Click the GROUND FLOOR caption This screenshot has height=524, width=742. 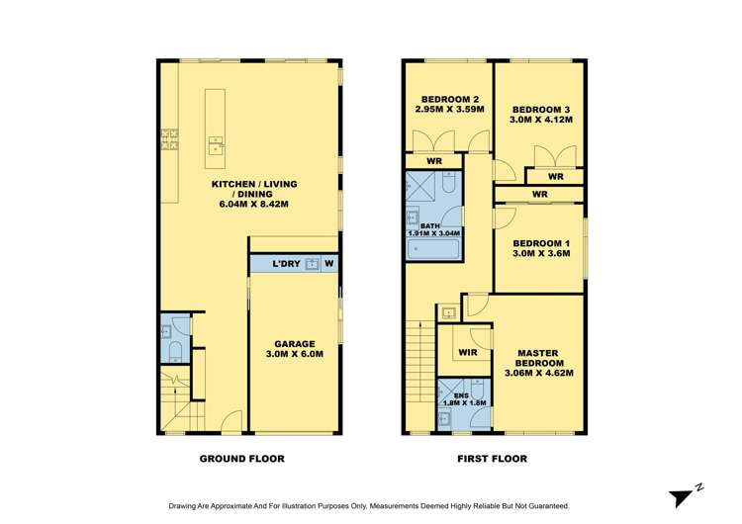click(x=242, y=459)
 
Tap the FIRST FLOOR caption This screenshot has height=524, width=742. click(x=492, y=459)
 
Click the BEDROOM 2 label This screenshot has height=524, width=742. click(x=450, y=99)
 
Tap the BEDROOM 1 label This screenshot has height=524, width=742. click(x=541, y=243)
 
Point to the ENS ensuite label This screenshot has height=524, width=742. click(x=450, y=394)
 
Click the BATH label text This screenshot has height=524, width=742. click(x=429, y=226)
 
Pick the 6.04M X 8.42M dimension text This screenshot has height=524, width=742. click(x=253, y=204)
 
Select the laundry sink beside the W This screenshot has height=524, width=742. click(x=312, y=264)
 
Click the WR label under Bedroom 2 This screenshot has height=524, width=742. click(x=433, y=161)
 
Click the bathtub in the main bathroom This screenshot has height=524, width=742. click(x=433, y=249)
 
